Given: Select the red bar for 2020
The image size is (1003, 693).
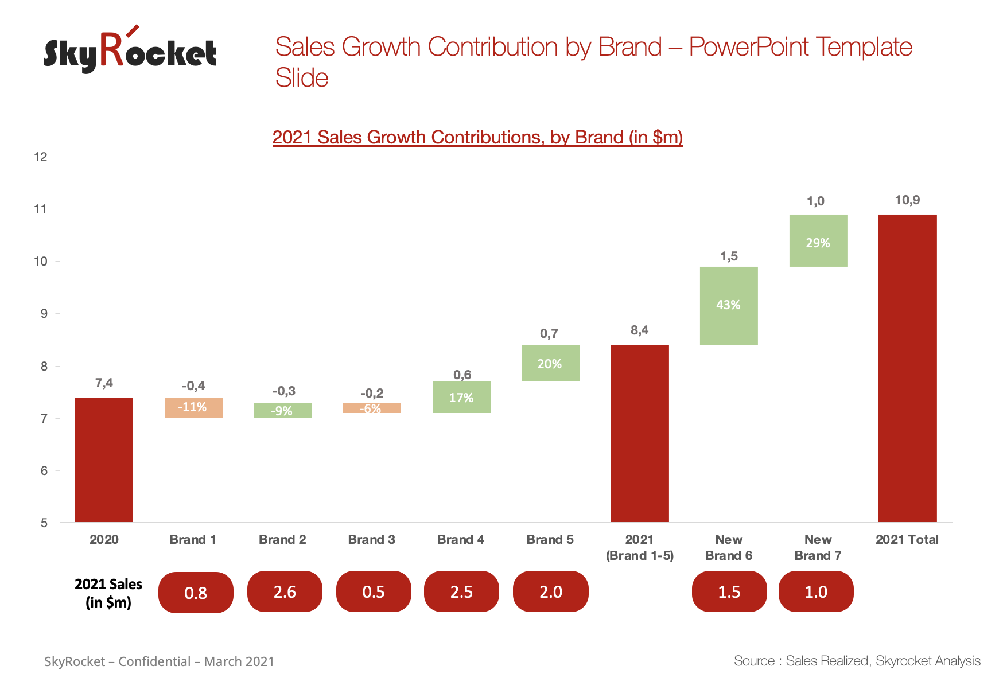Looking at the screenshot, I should point(104,460).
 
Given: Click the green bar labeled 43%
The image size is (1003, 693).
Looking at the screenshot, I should point(729,306).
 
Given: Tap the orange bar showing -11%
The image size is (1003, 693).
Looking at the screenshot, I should point(193,408).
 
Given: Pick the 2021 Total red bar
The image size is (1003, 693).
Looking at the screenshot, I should point(907,368).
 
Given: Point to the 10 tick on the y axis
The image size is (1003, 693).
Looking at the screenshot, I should point(41,262).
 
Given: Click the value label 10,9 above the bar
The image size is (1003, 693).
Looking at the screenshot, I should point(907,200).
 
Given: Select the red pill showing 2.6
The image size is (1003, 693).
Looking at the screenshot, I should point(285,591).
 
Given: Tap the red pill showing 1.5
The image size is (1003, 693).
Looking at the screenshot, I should point(729,591).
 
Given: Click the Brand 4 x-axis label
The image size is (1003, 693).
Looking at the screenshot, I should point(461,540).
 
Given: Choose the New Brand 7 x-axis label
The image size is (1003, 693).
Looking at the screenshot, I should point(818,548).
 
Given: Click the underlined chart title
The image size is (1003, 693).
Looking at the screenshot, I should point(477,138).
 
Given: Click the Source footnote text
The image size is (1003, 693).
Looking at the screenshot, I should point(857,661).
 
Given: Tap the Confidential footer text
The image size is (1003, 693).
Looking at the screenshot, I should point(160,661).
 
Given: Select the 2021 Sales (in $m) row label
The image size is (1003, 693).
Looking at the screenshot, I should point(108,593).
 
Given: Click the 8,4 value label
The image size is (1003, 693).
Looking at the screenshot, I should point(639,330).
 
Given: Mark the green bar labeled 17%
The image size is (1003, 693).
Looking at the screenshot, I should point(461,397).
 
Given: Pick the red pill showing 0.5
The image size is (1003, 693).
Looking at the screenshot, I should point(374,591).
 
